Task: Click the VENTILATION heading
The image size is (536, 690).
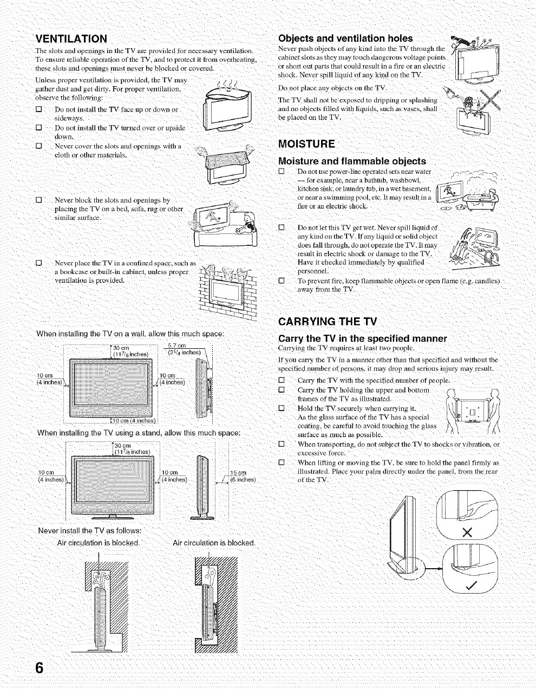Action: tap(71, 38)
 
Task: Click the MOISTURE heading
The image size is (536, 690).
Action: tap(306, 144)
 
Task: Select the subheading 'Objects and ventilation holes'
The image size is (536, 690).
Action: tap(345, 38)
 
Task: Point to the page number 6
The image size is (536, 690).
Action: tap(39, 667)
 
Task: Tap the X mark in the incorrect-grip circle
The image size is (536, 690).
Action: tap(467, 532)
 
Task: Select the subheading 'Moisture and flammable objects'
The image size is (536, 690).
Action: tap(351, 161)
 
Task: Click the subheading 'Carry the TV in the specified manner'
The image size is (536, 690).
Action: tap(362, 339)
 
